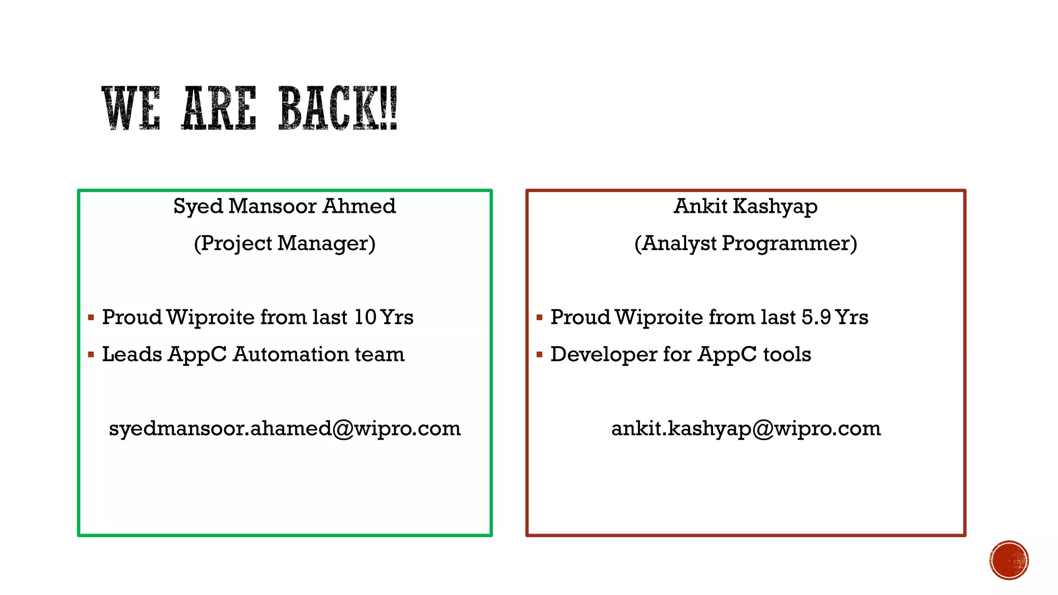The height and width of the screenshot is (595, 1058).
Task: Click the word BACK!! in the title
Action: [x=338, y=108]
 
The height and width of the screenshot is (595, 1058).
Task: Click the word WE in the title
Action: [x=131, y=108]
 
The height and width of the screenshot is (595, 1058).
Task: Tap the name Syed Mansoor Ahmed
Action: [x=285, y=206]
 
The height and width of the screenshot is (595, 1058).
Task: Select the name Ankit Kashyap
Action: [x=745, y=206]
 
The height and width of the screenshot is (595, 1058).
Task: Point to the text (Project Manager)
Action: [x=285, y=243]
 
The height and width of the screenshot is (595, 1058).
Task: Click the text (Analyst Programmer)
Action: [x=745, y=243]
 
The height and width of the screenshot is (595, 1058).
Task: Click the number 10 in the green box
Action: [x=365, y=317]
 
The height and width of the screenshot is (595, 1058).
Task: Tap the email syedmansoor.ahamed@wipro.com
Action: [x=285, y=428]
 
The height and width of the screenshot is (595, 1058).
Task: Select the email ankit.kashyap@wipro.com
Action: [x=745, y=428]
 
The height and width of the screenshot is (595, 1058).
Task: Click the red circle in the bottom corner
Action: [x=1009, y=560]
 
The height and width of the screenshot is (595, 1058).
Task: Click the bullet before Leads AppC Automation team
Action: [x=91, y=355]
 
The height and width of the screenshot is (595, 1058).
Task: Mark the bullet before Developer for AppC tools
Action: [x=539, y=355]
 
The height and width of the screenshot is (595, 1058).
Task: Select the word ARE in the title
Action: [x=219, y=108]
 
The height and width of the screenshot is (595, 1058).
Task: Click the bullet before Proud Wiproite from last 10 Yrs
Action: [x=91, y=318]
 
